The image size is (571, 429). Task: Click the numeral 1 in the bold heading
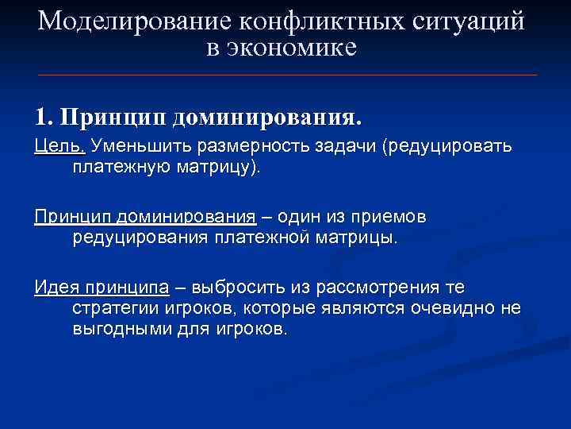[x=40, y=118]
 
